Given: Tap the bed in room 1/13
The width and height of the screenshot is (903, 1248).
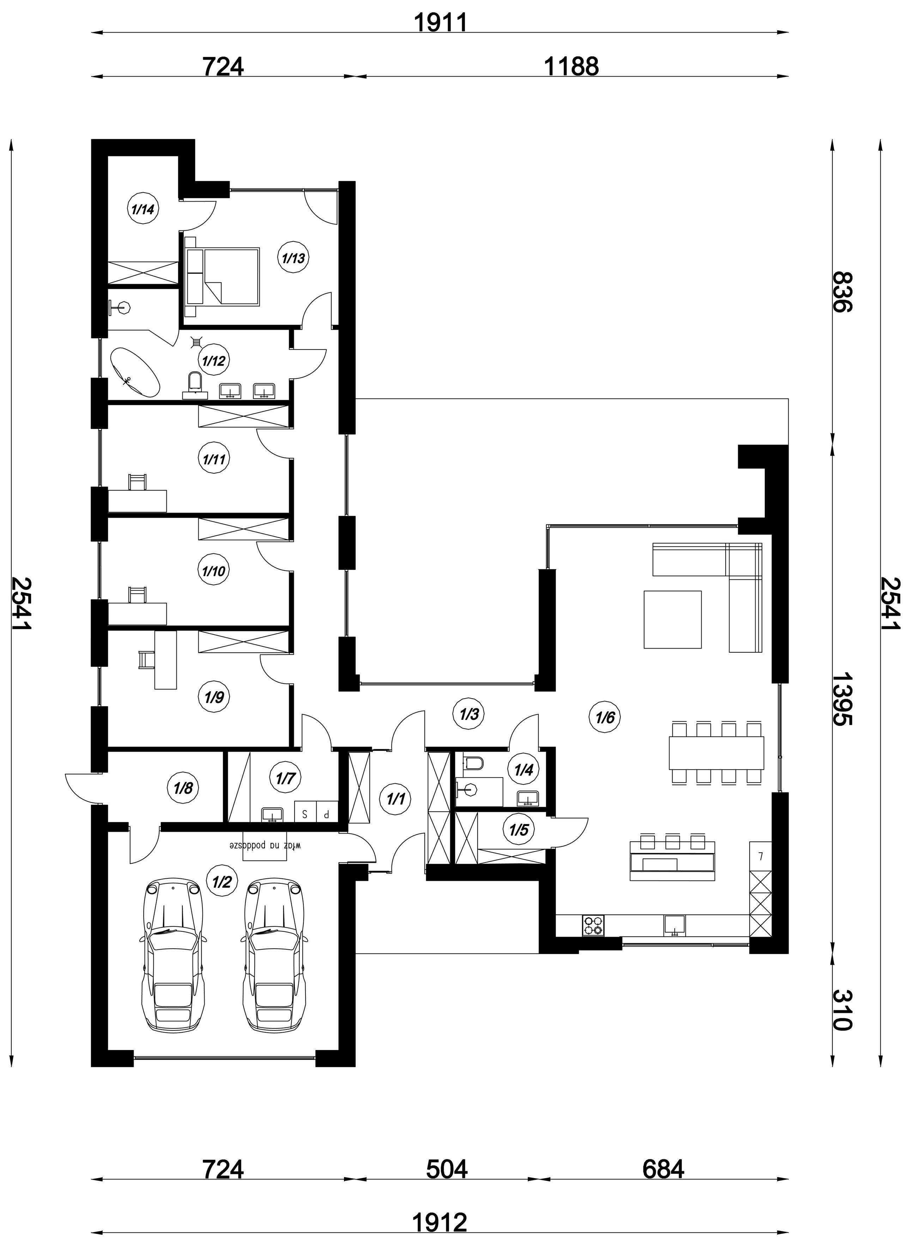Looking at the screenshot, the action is tap(222, 276).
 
